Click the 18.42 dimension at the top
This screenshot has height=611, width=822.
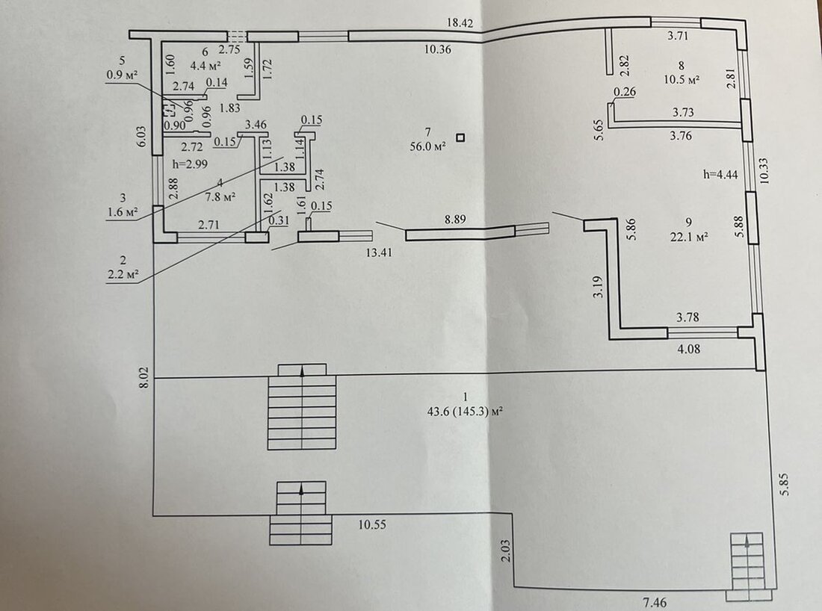coord(460,23)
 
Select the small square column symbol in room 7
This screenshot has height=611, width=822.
coord(461,137)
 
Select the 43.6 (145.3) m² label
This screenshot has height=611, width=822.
coord(465,410)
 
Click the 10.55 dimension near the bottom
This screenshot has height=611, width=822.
coord(371,524)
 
